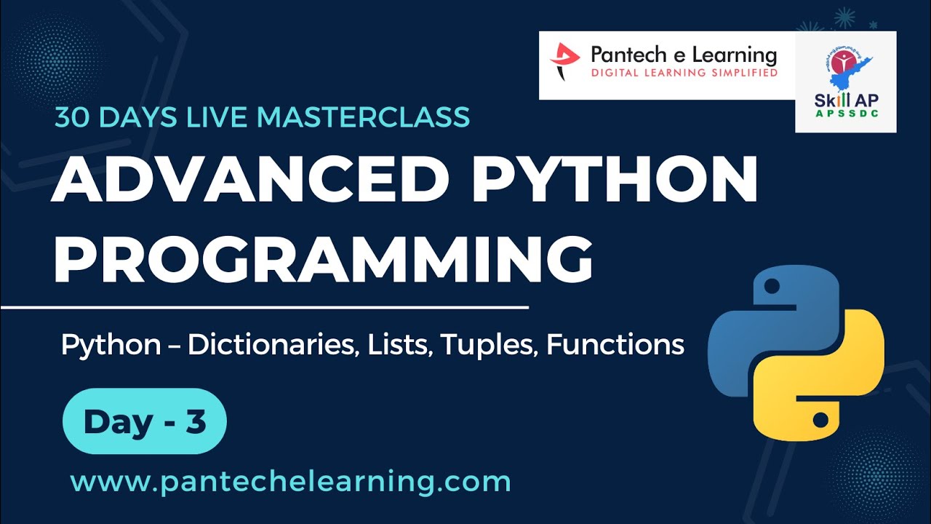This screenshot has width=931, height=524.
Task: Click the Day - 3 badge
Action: pyautogui.click(x=145, y=422)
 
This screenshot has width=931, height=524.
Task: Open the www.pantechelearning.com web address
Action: pyautogui.click(x=290, y=482)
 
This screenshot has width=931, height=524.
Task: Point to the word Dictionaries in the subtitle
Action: pyautogui.click(x=272, y=344)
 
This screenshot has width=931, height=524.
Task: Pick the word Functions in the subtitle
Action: pyautogui.click(x=615, y=344)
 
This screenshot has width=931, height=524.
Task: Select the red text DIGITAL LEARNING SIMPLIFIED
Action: pyautogui.click(x=684, y=73)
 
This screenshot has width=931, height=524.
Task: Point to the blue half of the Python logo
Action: pyautogui.click(x=764, y=320)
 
